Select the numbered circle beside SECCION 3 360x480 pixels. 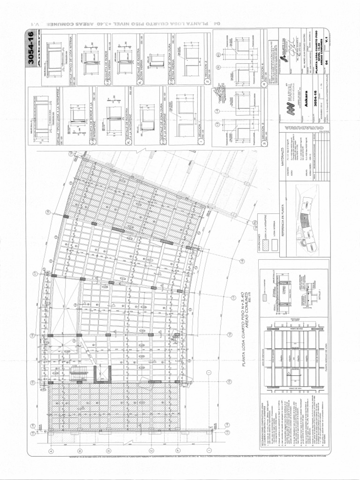(x=264, y=144)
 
